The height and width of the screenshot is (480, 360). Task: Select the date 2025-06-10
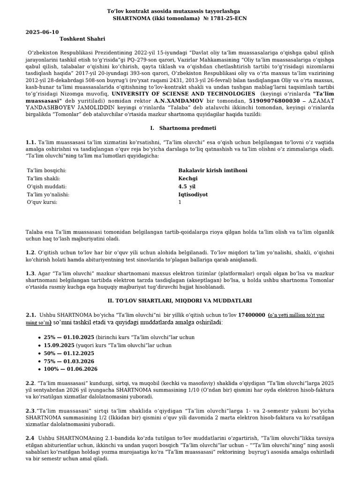coord(42,32)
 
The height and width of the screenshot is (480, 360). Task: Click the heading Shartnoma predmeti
coord(187,127)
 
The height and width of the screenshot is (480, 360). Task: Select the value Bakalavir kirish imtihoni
coord(213,170)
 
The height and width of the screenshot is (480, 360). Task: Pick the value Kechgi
coord(188,178)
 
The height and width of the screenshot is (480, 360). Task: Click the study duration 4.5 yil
coord(187,186)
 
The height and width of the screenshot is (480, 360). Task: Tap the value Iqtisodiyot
coord(193,194)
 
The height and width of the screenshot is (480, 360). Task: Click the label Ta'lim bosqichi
coord(46,170)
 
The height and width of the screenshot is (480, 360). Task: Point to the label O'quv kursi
coord(42,202)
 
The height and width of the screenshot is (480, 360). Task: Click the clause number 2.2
coord(30,382)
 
